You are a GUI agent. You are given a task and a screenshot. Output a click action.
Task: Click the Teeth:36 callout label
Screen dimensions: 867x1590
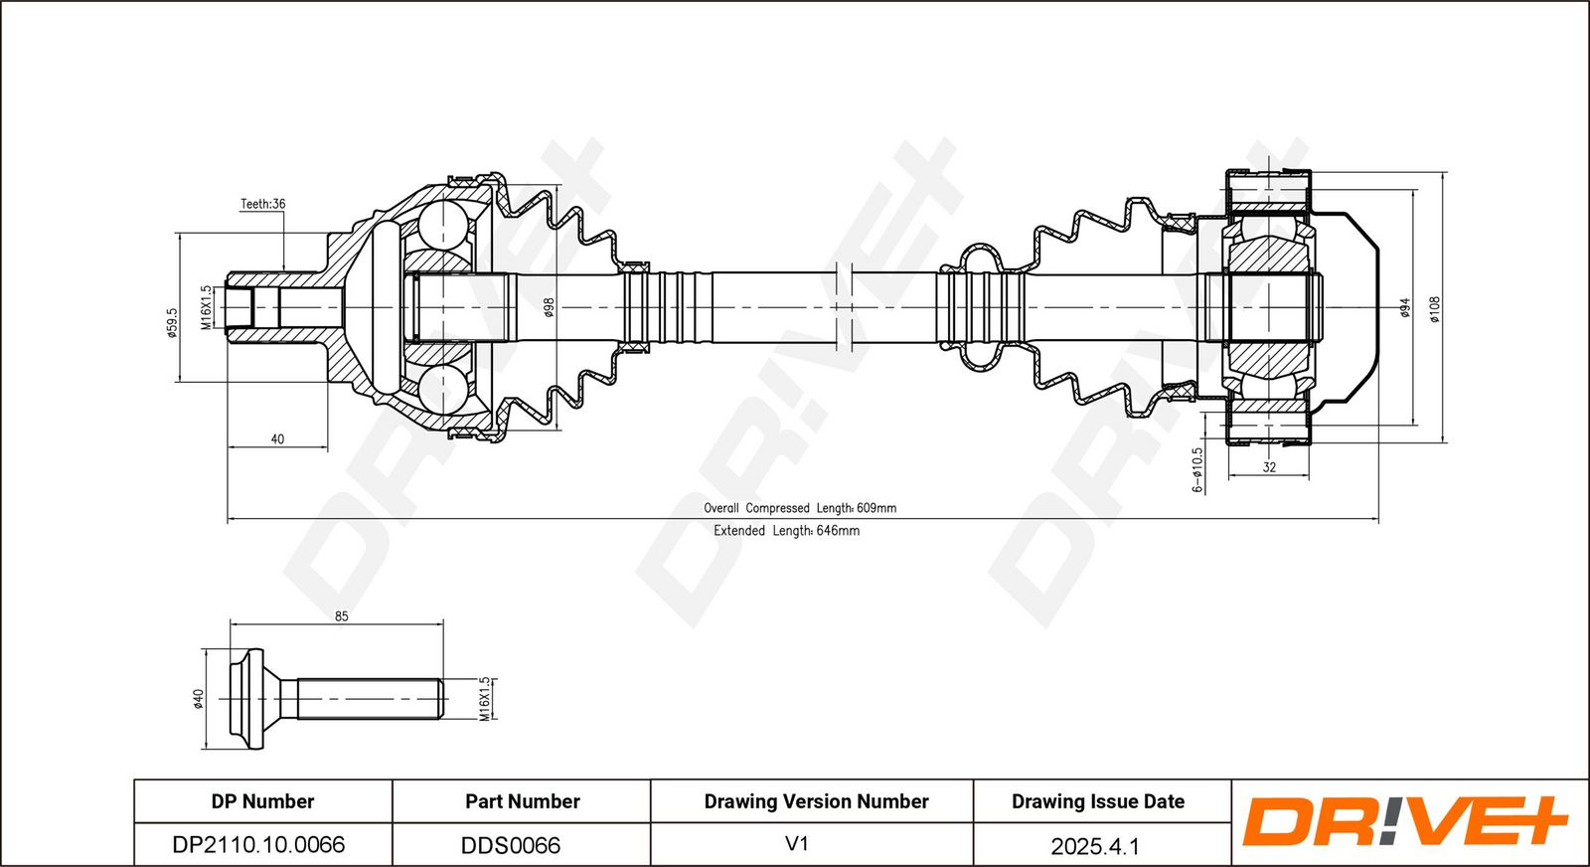click(262, 204)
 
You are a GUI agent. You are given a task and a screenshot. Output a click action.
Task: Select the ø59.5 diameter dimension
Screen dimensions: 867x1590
click(171, 321)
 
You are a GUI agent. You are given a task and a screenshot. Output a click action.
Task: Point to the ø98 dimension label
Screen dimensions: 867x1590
click(548, 307)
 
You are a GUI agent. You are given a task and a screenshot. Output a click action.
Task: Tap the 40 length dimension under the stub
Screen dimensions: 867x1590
click(277, 438)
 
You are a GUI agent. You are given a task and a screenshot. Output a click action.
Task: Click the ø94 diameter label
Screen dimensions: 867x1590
click(1404, 308)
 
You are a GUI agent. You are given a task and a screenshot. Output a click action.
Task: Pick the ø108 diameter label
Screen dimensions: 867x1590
click(1434, 309)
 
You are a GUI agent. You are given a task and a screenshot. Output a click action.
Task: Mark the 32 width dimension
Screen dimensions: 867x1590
click(1269, 467)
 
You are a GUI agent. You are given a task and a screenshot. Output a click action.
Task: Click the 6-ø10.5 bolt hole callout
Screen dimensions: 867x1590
click(1197, 469)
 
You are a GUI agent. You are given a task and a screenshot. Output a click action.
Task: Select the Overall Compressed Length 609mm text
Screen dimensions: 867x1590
click(800, 508)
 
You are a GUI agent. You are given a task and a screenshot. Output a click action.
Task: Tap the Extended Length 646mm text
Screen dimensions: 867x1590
click(786, 531)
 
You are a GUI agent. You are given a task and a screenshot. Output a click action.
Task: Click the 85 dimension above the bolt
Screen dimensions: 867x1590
click(341, 616)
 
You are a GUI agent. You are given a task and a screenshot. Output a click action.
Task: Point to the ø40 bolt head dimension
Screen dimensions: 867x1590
click(198, 699)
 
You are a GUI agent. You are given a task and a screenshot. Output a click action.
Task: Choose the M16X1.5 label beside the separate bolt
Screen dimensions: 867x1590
click(485, 699)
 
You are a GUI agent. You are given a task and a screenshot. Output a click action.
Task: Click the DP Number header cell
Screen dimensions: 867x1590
click(262, 801)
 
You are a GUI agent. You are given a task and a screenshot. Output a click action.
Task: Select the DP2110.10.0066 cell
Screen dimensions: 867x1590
click(258, 845)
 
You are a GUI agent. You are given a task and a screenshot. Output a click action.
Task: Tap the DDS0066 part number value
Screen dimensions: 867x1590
click(511, 845)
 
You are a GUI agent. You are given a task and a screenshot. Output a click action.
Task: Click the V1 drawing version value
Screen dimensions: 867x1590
click(797, 844)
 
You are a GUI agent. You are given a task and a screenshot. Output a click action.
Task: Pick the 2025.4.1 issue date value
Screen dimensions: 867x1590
click(1095, 846)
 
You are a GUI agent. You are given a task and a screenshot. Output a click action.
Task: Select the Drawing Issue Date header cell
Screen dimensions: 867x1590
click(1098, 801)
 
